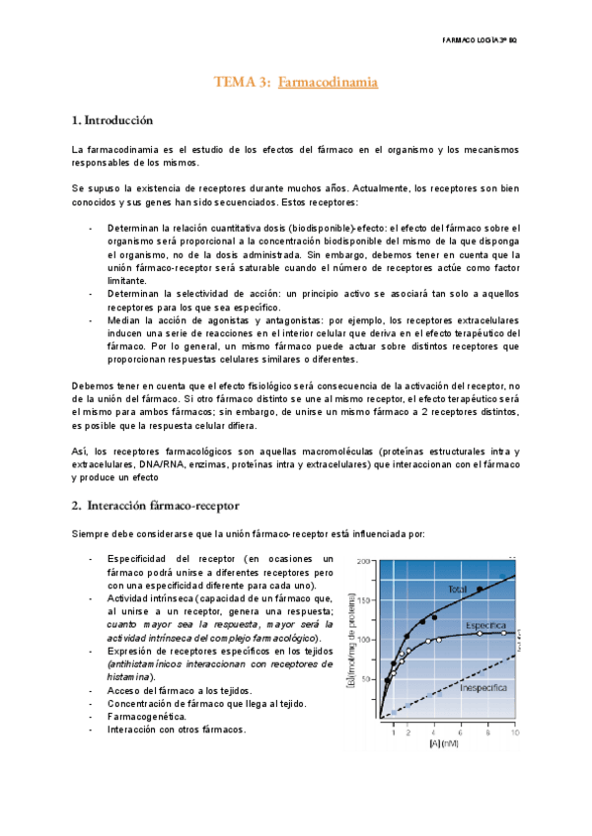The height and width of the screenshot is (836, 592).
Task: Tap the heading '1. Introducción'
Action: (x=113, y=121)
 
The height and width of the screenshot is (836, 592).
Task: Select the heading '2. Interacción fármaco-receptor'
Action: (x=155, y=506)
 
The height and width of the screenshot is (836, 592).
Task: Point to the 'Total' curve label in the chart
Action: (x=457, y=590)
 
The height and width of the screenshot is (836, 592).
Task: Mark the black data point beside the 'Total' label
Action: (x=480, y=590)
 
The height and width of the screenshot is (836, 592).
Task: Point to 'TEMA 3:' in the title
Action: (x=242, y=83)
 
